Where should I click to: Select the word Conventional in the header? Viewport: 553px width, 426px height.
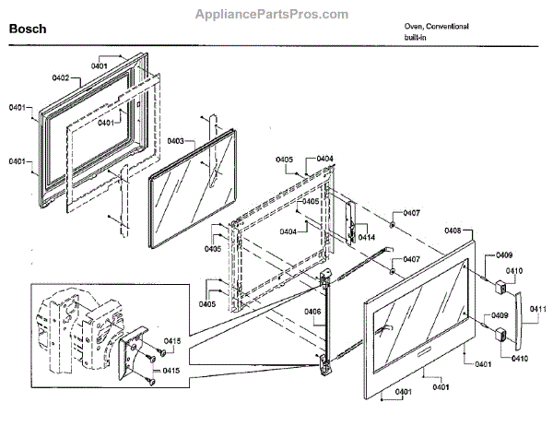click(x=446, y=27)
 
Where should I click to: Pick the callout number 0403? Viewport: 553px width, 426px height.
click(x=175, y=141)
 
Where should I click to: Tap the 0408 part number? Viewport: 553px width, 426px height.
click(x=453, y=231)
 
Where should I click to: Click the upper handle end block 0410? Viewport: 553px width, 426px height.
click(x=505, y=285)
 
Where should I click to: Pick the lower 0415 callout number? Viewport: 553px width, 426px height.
click(x=171, y=370)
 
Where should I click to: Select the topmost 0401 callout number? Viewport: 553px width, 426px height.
click(x=100, y=65)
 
